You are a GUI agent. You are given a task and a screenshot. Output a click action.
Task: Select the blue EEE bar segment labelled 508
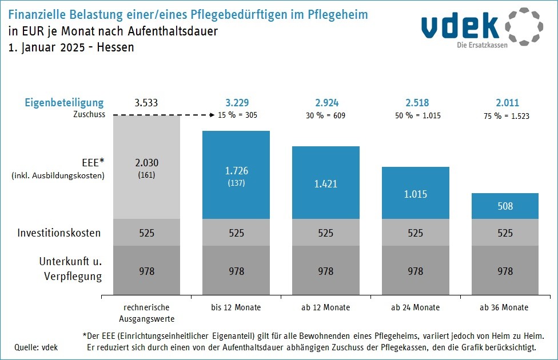[505, 206]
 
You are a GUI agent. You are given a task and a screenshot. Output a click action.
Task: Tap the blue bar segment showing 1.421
[326, 182]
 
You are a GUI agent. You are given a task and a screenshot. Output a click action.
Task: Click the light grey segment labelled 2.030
[147, 167]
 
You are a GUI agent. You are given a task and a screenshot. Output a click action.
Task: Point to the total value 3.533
[146, 103]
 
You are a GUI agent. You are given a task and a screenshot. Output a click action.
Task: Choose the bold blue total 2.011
[505, 103]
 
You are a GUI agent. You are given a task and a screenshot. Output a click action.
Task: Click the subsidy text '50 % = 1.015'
[416, 115]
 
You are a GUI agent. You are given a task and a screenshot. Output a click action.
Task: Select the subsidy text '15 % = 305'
[237, 115]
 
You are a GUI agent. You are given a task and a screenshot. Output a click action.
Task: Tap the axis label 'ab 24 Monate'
[416, 307]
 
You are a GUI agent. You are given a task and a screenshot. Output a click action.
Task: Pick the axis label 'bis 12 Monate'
[236, 307]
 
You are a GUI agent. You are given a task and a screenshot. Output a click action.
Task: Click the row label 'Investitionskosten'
[59, 233]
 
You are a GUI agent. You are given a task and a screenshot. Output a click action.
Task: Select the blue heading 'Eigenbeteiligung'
[64, 103]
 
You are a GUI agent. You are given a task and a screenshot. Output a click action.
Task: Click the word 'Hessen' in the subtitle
[115, 47]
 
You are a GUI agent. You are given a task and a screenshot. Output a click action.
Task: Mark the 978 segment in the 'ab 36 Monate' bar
[505, 271]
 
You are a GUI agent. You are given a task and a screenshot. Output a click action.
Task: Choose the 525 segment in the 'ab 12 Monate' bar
[326, 233]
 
